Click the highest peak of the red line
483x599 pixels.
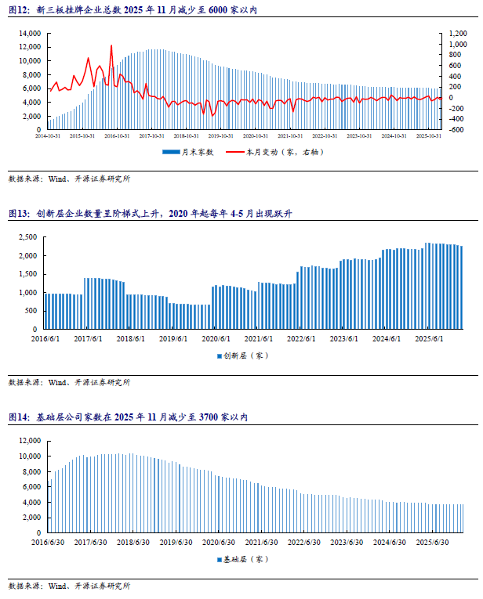click(111, 46)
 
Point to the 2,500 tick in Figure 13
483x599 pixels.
click(29, 237)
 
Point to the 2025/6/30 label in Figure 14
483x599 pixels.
click(432, 541)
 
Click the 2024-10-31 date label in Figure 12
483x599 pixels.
click(392, 135)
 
